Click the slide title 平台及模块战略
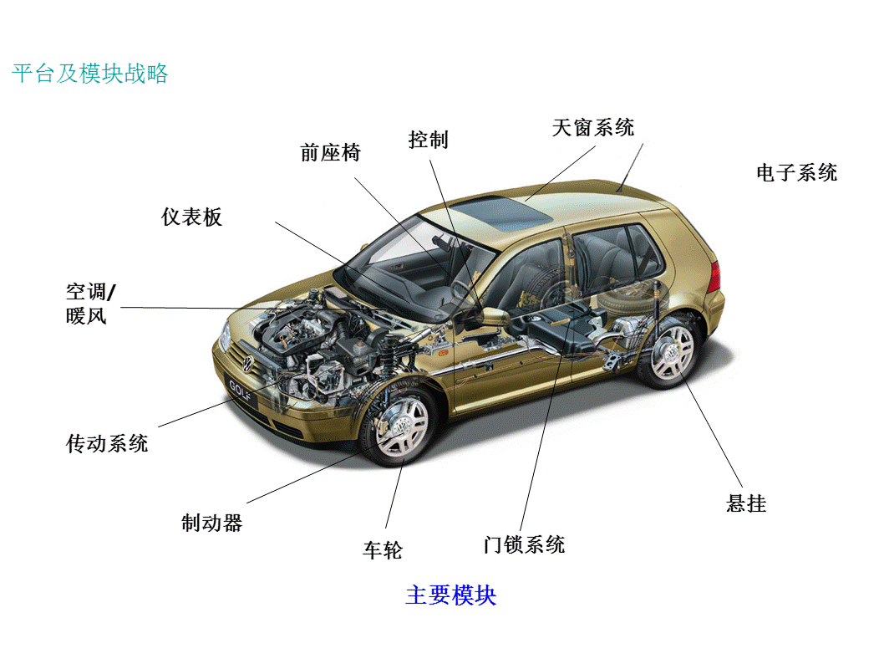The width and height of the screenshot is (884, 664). pyautogui.click(x=90, y=74)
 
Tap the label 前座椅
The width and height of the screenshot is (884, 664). pyautogui.click(x=330, y=152)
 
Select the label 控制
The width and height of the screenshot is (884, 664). pyautogui.click(x=429, y=140)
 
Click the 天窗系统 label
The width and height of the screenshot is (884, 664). pyautogui.click(x=593, y=127)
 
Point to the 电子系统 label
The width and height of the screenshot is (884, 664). pyautogui.click(x=797, y=172)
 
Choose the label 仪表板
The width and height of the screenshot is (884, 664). pyautogui.click(x=191, y=217)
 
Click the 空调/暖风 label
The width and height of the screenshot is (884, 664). pyautogui.click(x=91, y=304)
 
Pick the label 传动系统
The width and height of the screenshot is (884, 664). pyautogui.click(x=107, y=443)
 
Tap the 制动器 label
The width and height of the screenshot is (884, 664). pyautogui.click(x=212, y=523)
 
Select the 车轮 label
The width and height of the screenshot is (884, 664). pyautogui.click(x=383, y=550)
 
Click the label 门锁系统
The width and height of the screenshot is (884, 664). pyautogui.click(x=525, y=544)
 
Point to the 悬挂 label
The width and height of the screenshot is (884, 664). pyautogui.click(x=746, y=503)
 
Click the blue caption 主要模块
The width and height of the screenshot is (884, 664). pyautogui.click(x=451, y=595)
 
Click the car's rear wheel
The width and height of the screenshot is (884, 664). pyautogui.click(x=670, y=350)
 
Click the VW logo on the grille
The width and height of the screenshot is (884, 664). pyautogui.click(x=247, y=363)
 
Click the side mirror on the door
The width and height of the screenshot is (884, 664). pyautogui.click(x=490, y=316)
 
